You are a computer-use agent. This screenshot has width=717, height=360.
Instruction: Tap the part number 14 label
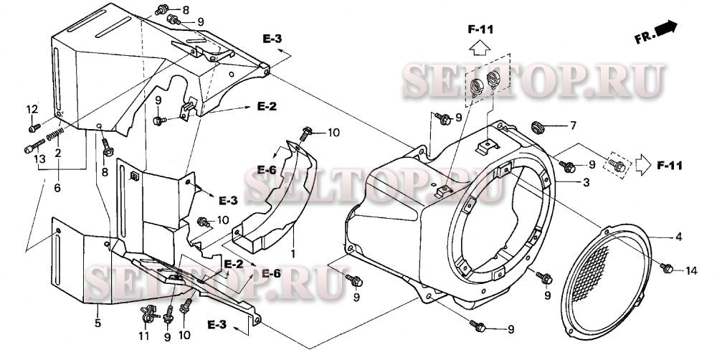(x=691, y=271)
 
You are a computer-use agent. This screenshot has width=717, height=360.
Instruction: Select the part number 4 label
(x=679, y=237)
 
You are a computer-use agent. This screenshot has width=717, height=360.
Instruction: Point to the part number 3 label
(x=586, y=183)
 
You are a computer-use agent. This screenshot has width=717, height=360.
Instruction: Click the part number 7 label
(x=572, y=125)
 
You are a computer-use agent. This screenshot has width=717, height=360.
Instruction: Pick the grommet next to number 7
(x=538, y=127)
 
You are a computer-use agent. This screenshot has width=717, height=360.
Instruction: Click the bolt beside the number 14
(x=667, y=267)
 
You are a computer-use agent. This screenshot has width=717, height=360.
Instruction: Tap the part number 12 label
(x=32, y=109)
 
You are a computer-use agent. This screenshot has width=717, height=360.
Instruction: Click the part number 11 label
(x=144, y=336)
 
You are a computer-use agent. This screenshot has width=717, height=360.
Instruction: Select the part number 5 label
(x=98, y=323)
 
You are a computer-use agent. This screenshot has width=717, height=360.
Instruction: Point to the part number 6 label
(x=58, y=188)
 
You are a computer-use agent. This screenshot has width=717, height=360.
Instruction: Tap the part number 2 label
(x=58, y=153)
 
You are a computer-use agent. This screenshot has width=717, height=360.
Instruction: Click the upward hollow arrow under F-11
(x=480, y=47)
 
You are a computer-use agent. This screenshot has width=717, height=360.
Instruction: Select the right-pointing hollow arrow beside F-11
(x=643, y=165)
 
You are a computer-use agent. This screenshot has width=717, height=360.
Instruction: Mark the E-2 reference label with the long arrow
(x=266, y=107)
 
